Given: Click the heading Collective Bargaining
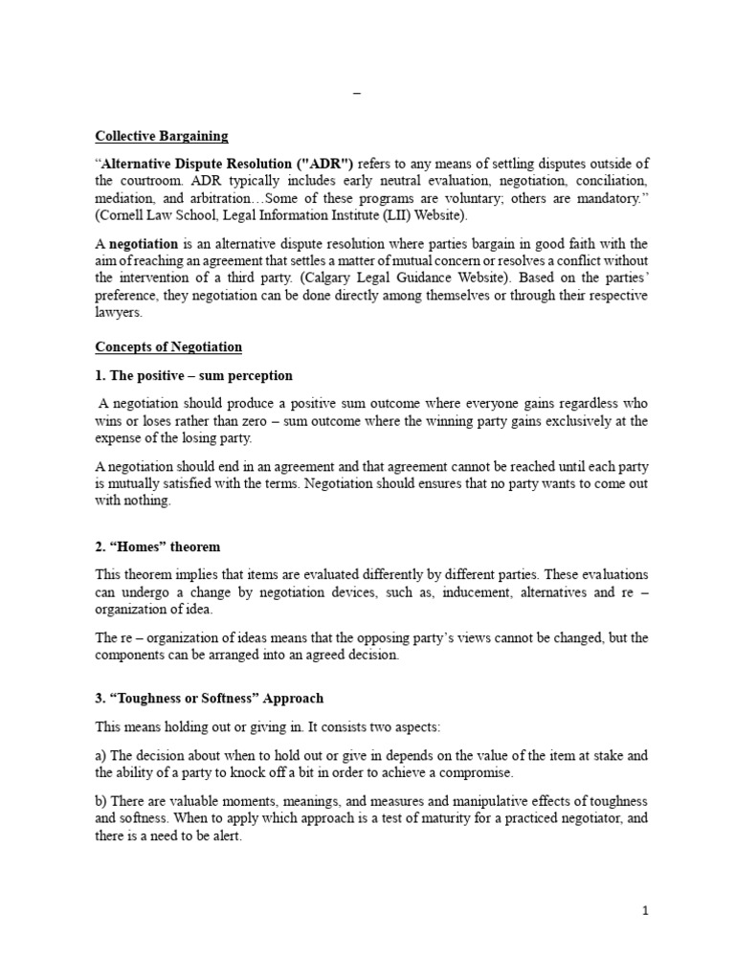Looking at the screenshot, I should tap(162, 135).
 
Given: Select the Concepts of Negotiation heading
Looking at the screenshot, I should tap(168, 346).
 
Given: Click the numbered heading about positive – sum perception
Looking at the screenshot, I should tap(193, 375).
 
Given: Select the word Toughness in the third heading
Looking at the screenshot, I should tap(150, 697).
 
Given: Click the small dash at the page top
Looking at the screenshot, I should tap(358, 94).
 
